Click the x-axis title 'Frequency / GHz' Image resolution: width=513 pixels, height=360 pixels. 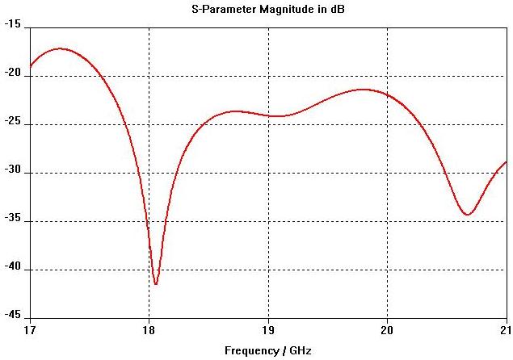point(267,350)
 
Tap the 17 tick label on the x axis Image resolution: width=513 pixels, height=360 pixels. point(30,330)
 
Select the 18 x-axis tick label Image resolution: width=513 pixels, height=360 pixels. point(149,330)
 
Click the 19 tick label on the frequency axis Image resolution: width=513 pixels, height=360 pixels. point(268,330)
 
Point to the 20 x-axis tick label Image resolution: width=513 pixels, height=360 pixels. point(387,330)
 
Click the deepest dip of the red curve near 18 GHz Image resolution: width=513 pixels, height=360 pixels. point(156,284)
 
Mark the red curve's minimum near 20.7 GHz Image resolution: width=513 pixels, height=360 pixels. point(467,215)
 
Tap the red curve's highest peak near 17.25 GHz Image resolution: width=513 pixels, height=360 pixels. point(60,48)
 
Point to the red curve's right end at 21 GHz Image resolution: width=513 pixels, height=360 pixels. point(506,162)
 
